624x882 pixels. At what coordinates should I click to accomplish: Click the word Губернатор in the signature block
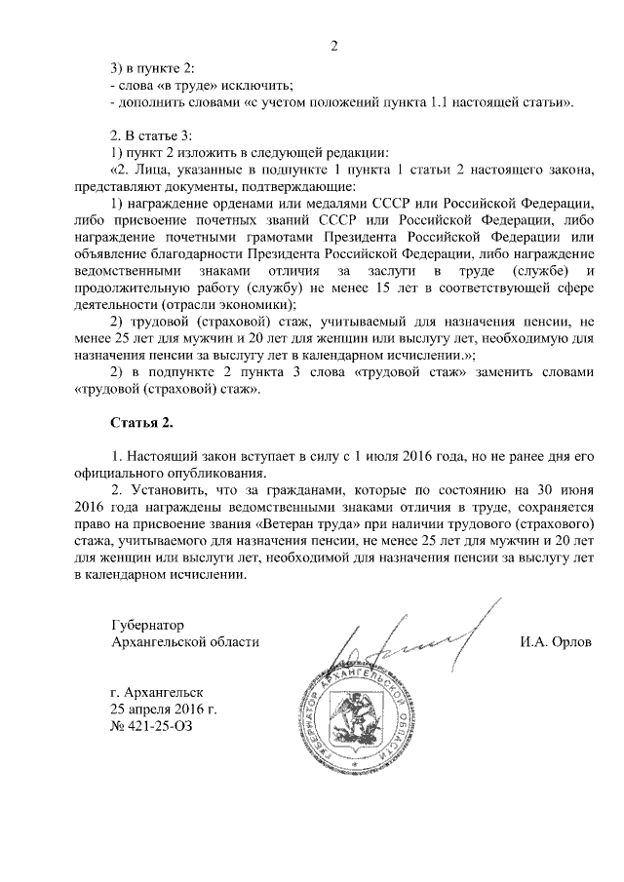(147, 624)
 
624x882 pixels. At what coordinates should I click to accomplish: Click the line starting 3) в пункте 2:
(154, 67)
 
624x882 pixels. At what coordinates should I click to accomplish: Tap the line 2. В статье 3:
(154, 134)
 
